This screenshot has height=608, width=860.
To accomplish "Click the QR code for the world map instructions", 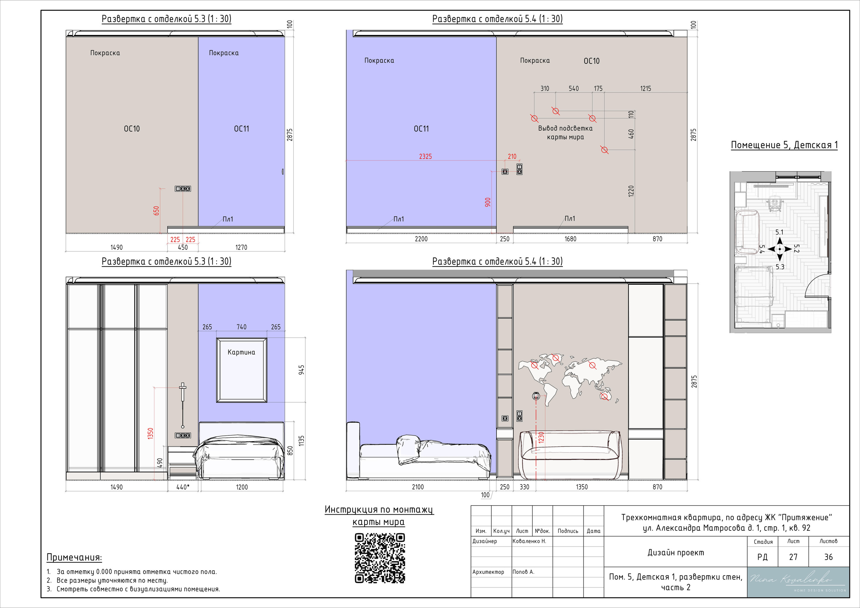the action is tap(380, 558).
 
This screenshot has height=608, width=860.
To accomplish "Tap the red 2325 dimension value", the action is tap(425, 156).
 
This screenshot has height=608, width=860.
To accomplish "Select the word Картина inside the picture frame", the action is tap(241, 352).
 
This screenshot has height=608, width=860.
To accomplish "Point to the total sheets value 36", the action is tap(828, 557).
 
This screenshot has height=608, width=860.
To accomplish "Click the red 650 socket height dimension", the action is tap(156, 211).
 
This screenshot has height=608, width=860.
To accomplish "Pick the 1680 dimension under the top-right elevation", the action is tap(570, 239).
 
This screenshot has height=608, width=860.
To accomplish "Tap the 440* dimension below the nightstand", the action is tap(183, 487).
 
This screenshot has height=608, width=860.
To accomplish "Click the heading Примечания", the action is tap(74, 557).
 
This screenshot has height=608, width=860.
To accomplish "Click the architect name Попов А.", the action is tap(523, 572).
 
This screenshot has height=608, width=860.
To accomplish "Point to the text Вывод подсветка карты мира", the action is tap(565, 133).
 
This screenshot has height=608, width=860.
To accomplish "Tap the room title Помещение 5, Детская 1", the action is tap(784, 145).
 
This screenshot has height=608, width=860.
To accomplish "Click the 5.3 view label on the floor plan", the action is tap(780, 267).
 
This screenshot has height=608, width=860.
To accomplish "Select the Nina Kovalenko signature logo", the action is tap(798, 582).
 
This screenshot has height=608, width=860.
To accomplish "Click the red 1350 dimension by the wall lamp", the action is tap(150, 433).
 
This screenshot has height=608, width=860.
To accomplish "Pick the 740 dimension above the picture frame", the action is tap(242, 327).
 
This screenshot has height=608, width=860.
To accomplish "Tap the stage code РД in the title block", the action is tap(762, 557).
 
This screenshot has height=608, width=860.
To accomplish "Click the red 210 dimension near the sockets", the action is tap(512, 156).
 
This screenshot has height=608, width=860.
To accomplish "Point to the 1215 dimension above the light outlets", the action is tap(645, 89).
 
